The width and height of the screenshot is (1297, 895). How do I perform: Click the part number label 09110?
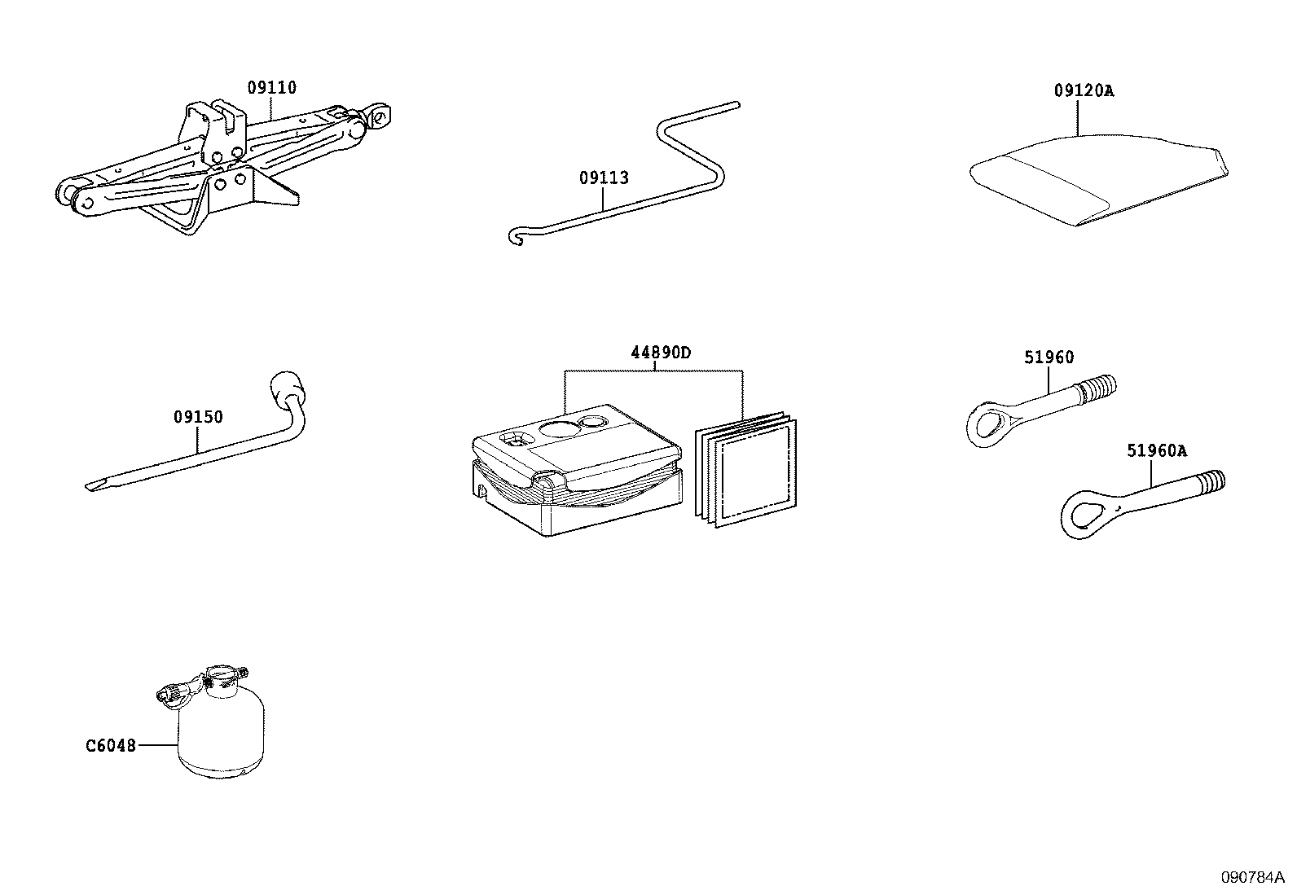pyautogui.click(x=271, y=88)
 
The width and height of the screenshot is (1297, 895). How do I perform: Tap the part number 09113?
pyautogui.click(x=604, y=178)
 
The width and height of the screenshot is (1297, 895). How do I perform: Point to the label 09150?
pyautogui.click(x=197, y=418)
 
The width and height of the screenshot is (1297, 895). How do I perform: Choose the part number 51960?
pyautogui.click(x=1049, y=358)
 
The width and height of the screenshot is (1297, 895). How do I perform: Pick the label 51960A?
pyautogui.click(x=1157, y=450)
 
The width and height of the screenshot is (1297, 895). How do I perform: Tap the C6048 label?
pyautogui.click(x=111, y=745)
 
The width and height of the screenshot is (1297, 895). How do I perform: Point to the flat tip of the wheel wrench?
pyautogui.click(x=95, y=486)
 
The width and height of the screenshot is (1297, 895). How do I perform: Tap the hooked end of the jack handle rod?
pyautogui.click(x=513, y=237)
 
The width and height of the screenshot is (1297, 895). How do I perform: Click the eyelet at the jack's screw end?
pyautogui.click(x=380, y=116)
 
